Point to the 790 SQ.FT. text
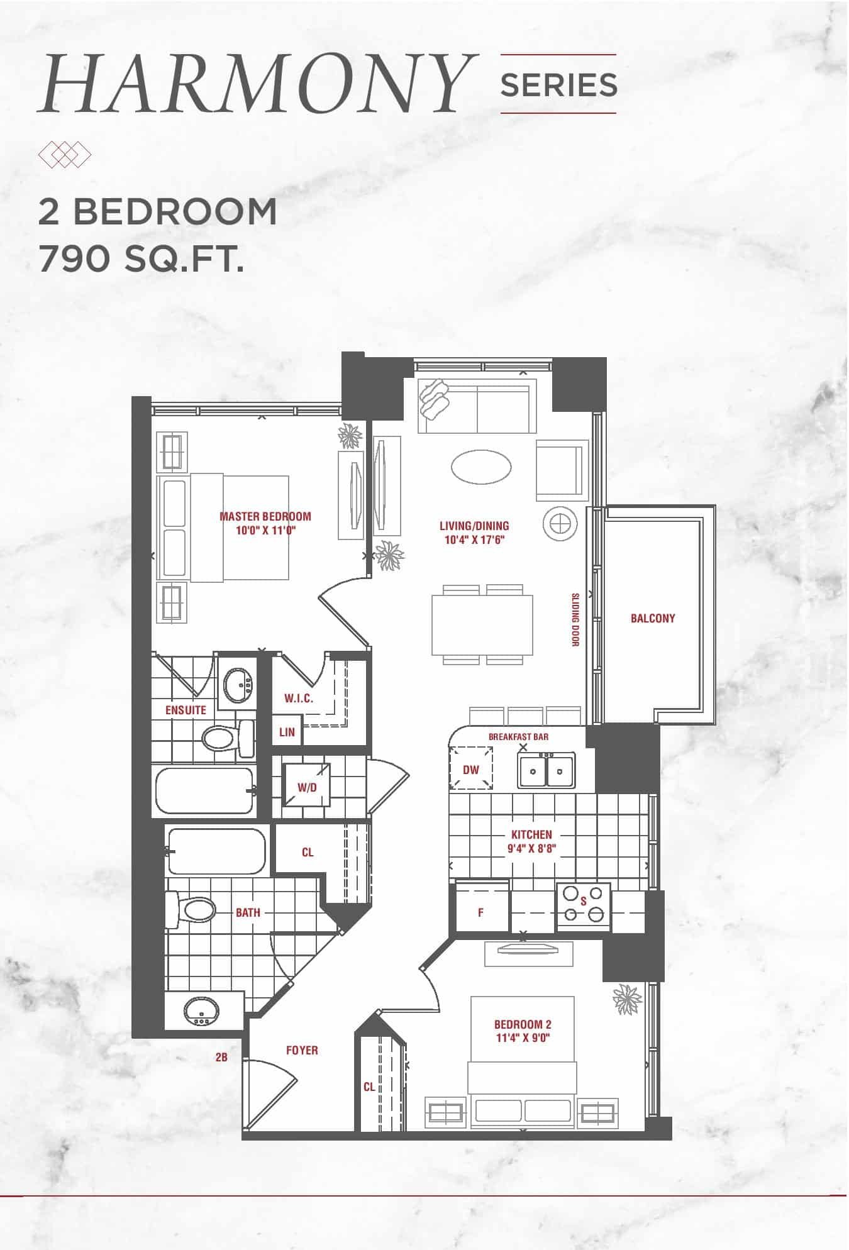141,258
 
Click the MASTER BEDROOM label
265,516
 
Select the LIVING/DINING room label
474,526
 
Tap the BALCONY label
653,618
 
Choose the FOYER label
302,1050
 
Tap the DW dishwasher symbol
470,768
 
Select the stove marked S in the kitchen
583,907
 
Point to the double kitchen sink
546,770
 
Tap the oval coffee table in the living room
481,467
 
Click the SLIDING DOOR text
575,619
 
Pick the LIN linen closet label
287,732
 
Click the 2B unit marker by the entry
221,1058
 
